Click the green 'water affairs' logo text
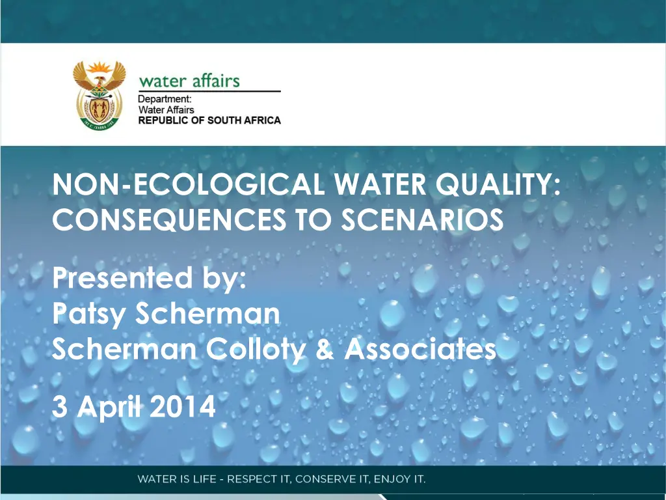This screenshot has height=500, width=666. [x=189, y=81]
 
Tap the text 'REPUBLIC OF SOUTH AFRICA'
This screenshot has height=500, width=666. [x=209, y=120]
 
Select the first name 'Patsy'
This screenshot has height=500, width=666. [x=90, y=315]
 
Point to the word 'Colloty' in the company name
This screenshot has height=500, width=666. [x=256, y=351]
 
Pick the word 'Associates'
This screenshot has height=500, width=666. [x=420, y=351]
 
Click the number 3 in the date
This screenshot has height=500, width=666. [x=60, y=408]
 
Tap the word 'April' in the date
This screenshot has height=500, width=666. [x=109, y=408]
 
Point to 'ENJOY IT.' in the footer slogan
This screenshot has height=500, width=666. [x=399, y=480]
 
